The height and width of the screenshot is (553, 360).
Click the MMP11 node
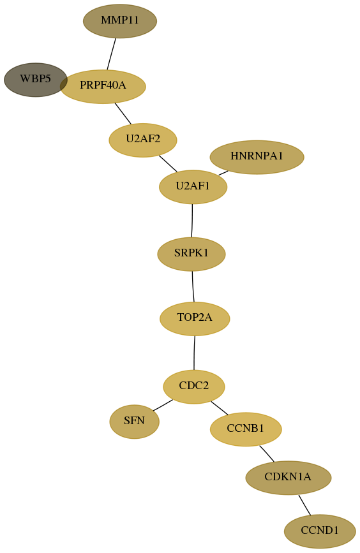tap(120, 21)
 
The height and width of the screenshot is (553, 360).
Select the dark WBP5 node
tap(35, 80)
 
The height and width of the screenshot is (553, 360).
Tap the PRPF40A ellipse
tap(103, 86)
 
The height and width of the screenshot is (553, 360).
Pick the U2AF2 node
tap(143, 140)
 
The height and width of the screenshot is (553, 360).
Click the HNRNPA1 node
tap(257, 157)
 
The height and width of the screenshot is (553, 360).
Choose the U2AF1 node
tap(193, 187)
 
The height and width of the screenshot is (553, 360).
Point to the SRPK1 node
tap(191, 254)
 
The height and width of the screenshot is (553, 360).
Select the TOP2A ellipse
tap(195, 319)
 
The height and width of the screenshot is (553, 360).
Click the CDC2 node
tap(194, 387)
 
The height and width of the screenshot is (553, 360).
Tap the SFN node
tap(135, 422)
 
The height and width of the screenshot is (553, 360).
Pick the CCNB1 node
tap(246, 429)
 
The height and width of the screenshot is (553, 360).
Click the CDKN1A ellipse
tap(289, 478)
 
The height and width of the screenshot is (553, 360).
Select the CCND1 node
tap(320, 531)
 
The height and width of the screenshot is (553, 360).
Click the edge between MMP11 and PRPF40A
tap(112, 54)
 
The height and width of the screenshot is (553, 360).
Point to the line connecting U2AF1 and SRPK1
tap(192, 221)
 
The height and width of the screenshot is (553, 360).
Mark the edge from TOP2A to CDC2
tap(194, 353)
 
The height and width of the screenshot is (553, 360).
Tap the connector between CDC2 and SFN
tap(163, 405)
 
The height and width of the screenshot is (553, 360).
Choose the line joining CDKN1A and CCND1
tap(304, 505)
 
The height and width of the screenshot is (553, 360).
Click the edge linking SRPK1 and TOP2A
tap(193, 287)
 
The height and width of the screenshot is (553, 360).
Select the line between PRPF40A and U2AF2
tap(123, 114)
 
